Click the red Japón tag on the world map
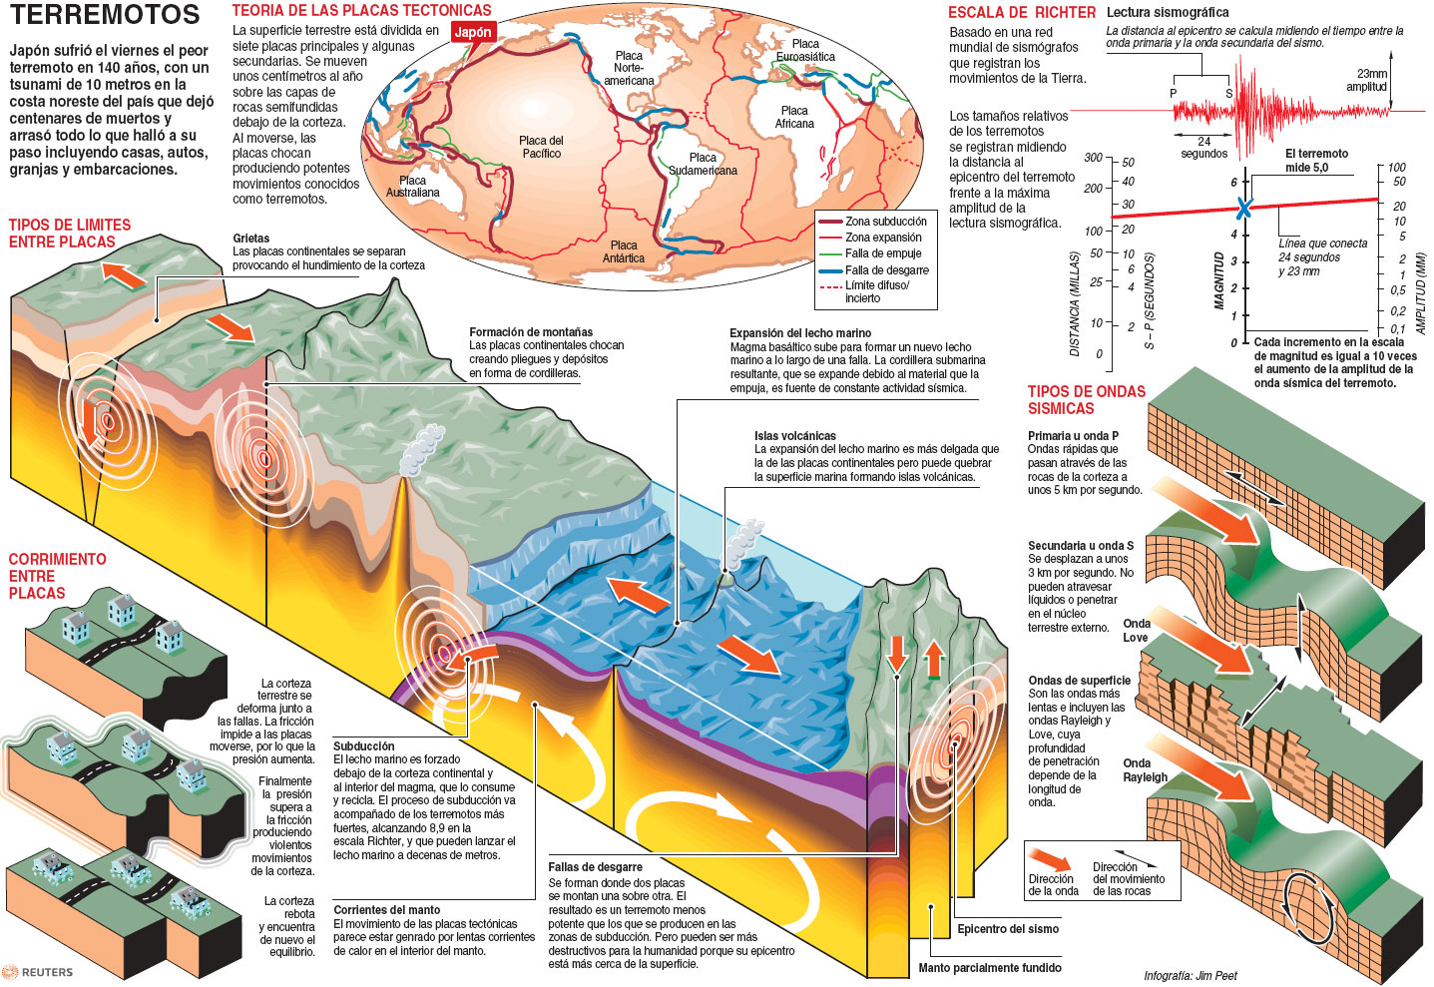coord(473,32)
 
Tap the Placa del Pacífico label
coord(541,147)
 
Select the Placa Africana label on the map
coord(794,117)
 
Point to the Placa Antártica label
coord(624,251)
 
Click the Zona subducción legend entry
coord(885,222)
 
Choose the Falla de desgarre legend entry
coord(886,270)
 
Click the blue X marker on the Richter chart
coord(1243,209)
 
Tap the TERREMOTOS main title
coord(105,15)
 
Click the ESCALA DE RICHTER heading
coord(1021,13)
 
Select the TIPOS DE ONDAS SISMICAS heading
coord(1086,399)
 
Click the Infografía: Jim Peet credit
coord(1190,975)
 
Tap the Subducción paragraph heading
coord(364,746)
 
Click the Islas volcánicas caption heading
coord(794,436)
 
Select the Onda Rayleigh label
coord(1145,770)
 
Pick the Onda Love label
coord(1136,631)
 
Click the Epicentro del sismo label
coord(1008,929)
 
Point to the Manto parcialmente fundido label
coord(989,967)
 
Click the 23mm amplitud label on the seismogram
coord(1370,80)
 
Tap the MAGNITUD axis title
coord(1218,280)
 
